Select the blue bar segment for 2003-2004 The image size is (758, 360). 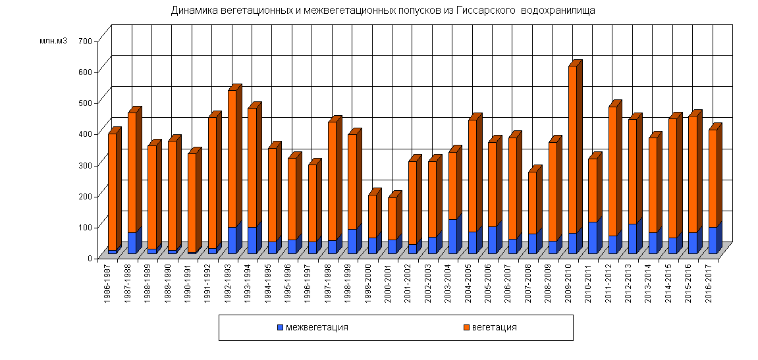(x=452, y=237)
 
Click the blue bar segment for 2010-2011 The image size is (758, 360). (x=592, y=238)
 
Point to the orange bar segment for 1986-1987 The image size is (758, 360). (x=112, y=192)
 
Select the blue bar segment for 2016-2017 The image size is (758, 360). (x=713, y=241)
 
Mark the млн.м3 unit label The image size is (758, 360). (x=53, y=41)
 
